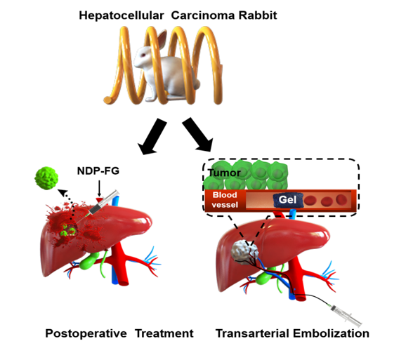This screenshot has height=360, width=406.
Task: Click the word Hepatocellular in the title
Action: (x=122, y=15)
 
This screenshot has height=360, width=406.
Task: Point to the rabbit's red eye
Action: (x=143, y=55)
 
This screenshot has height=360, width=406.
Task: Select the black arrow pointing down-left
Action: (x=152, y=137)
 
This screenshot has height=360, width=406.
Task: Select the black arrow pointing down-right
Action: (x=198, y=135)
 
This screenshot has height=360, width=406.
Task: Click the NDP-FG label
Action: (x=98, y=171)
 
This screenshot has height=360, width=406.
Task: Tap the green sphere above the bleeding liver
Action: (x=46, y=178)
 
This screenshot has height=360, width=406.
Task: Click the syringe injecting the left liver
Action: (x=103, y=203)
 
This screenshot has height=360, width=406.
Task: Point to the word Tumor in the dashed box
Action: (x=224, y=173)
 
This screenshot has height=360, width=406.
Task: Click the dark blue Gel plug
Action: (x=288, y=200)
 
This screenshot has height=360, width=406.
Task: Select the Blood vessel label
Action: (x=225, y=200)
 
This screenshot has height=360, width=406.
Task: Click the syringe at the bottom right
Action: (x=346, y=315)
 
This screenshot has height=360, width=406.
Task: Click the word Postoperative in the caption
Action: (x=86, y=333)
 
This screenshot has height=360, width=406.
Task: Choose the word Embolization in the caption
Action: (x=331, y=333)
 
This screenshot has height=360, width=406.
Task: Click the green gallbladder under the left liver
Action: (x=88, y=260)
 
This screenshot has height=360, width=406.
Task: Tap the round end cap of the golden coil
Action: (x=108, y=100)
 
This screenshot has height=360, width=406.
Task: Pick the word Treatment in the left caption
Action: (x=164, y=333)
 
